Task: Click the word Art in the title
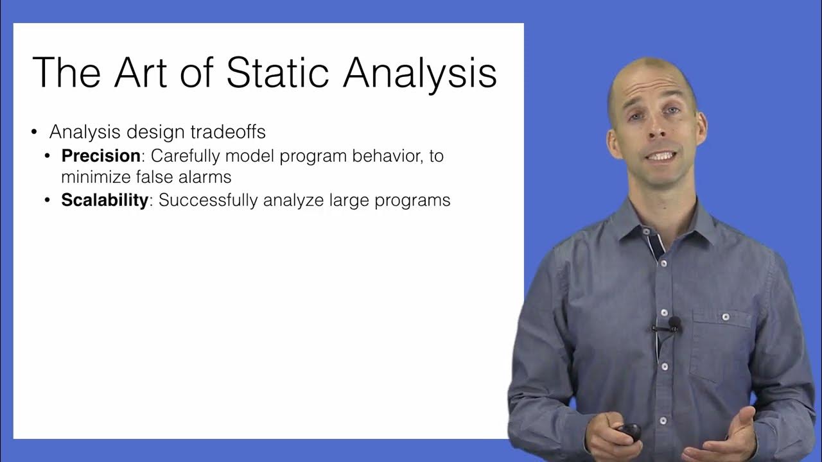[x=145, y=72]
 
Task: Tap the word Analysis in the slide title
[x=420, y=72]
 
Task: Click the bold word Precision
[x=101, y=156]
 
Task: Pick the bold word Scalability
[x=105, y=200]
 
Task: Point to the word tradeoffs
[x=228, y=132]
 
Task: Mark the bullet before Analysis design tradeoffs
[x=35, y=133]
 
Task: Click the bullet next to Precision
[x=48, y=157]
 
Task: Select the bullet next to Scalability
[x=48, y=201]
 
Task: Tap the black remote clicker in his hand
[x=629, y=431]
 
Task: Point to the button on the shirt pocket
[x=726, y=317]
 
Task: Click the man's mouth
[x=661, y=156]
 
